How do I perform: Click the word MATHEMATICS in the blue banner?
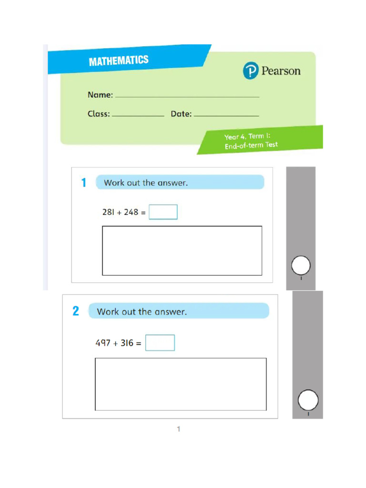[x=119, y=61]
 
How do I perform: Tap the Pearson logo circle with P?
[x=250, y=71]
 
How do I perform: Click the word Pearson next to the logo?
[x=281, y=71]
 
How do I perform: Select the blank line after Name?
[x=187, y=96]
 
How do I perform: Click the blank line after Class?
[x=138, y=115]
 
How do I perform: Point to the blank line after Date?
[x=226, y=115]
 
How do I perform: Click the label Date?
[x=181, y=114]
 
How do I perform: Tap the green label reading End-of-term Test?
[x=251, y=145]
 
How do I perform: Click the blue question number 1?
[x=84, y=183]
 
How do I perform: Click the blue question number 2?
[x=76, y=311]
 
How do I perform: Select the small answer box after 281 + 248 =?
[x=163, y=212]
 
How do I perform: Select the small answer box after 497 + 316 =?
[x=160, y=343]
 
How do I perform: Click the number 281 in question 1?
[x=108, y=213]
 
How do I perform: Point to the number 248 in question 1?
[x=131, y=213]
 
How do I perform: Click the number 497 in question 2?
[x=103, y=343]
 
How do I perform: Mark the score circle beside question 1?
[x=301, y=265]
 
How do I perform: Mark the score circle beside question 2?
[x=308, y=400]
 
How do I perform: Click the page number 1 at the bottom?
[x=179, y=429]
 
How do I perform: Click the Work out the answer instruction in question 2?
[x=142, y=312]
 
